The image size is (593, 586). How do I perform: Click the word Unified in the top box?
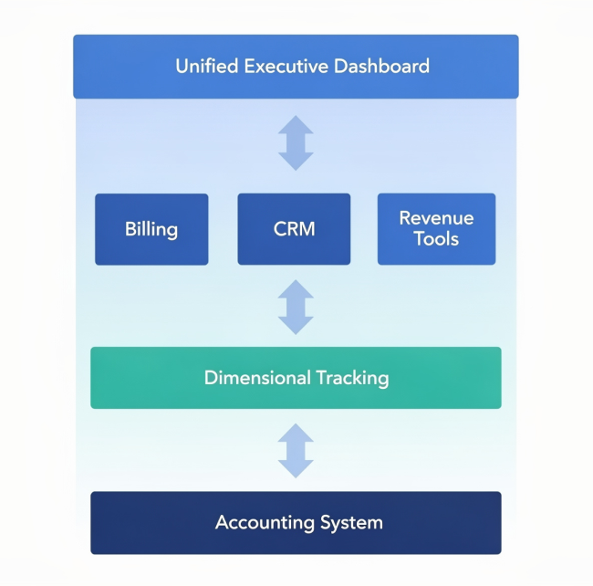point(205,67)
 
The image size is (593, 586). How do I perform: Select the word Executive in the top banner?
point(284,67)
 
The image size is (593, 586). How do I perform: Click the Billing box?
point(151,229)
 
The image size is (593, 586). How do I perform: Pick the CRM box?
point(294,229)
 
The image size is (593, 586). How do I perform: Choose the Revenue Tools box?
point(436,229)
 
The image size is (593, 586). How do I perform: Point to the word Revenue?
point(436,218)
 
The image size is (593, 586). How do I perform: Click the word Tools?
point(436,239)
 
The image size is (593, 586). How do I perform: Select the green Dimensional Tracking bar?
point(296,377)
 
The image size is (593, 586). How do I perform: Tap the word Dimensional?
point(258,377)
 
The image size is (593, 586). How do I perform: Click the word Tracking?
point(352,377)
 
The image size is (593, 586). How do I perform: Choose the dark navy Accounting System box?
point(296,523)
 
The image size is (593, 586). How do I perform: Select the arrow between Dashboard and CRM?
point(296,143)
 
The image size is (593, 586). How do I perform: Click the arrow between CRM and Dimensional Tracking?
point(296,307)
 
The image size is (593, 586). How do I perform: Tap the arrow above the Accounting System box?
point(296,450)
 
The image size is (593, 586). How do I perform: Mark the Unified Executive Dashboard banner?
point(296,67)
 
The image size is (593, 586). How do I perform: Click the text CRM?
point(294,229)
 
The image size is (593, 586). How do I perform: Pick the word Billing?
point(151,229)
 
